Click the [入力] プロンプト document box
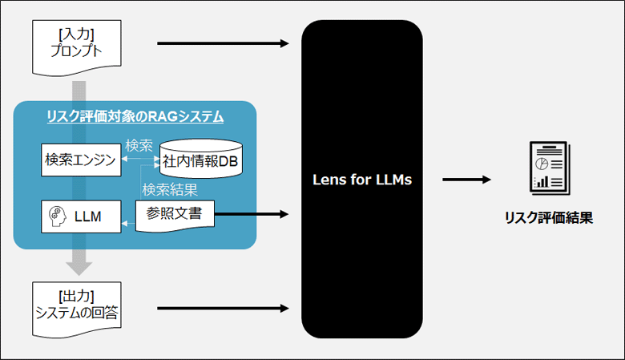77,46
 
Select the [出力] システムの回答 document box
77,305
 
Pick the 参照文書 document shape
175,215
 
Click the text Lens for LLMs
361,180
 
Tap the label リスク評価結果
549,217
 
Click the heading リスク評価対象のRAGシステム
135,117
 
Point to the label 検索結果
170,190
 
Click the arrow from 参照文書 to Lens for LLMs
252,214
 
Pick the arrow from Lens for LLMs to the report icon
466,180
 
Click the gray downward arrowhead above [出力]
78,265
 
